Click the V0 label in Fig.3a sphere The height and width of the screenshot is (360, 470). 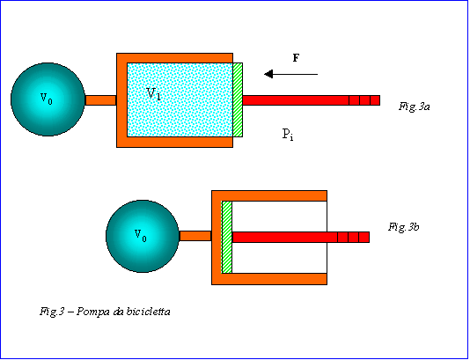47,99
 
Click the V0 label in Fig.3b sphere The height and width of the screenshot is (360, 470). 141,236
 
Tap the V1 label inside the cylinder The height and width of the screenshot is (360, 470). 154,93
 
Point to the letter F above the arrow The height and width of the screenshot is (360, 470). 296,58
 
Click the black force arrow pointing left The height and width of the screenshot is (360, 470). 290,74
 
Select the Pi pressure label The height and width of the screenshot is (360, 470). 288,134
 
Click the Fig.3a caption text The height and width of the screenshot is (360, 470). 414,107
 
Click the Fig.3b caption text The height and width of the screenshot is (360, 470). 403,227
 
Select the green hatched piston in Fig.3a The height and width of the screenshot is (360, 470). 238,99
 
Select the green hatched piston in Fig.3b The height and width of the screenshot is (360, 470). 227,237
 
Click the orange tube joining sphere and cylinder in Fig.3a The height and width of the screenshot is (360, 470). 100,100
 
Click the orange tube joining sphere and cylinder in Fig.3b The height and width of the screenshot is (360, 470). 195,236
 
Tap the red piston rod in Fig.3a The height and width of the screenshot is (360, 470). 312,100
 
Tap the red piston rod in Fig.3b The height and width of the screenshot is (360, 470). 301,237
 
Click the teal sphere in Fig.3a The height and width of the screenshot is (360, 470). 48,99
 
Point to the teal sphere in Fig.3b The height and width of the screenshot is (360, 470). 143,236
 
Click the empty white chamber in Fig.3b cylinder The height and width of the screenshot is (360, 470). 279,216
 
